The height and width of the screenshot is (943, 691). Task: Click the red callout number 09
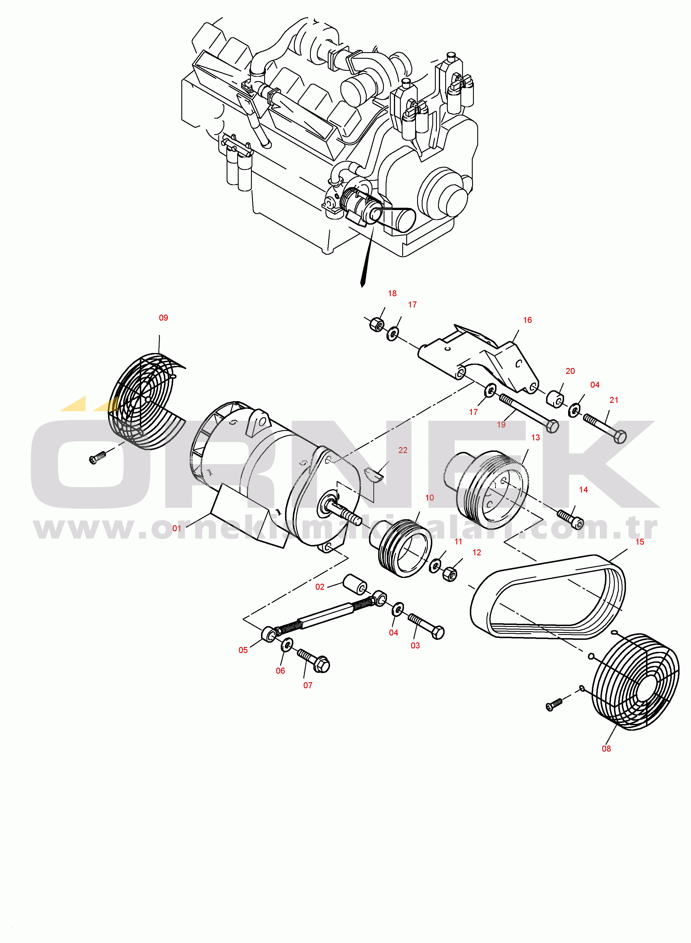[164, 317]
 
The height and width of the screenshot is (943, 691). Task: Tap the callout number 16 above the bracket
[527, 320]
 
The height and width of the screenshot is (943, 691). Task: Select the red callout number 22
[403, 450]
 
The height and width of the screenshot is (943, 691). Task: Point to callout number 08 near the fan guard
[606, 748]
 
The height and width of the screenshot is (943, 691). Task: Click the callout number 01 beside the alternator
[177, 528]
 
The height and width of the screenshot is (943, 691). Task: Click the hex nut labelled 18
[377, 324]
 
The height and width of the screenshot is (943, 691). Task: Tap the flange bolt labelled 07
[314, 660]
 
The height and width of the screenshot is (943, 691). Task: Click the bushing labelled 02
[355, 584]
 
